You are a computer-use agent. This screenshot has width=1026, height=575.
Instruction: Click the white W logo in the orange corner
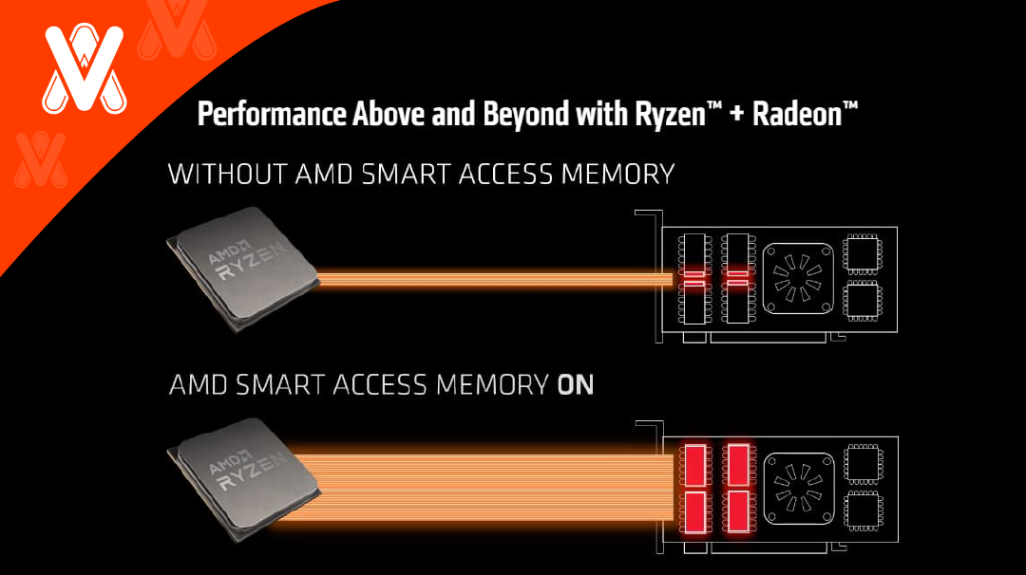click(x=84, y=69)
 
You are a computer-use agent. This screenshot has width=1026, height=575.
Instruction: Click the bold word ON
click(x=575, y=384)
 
